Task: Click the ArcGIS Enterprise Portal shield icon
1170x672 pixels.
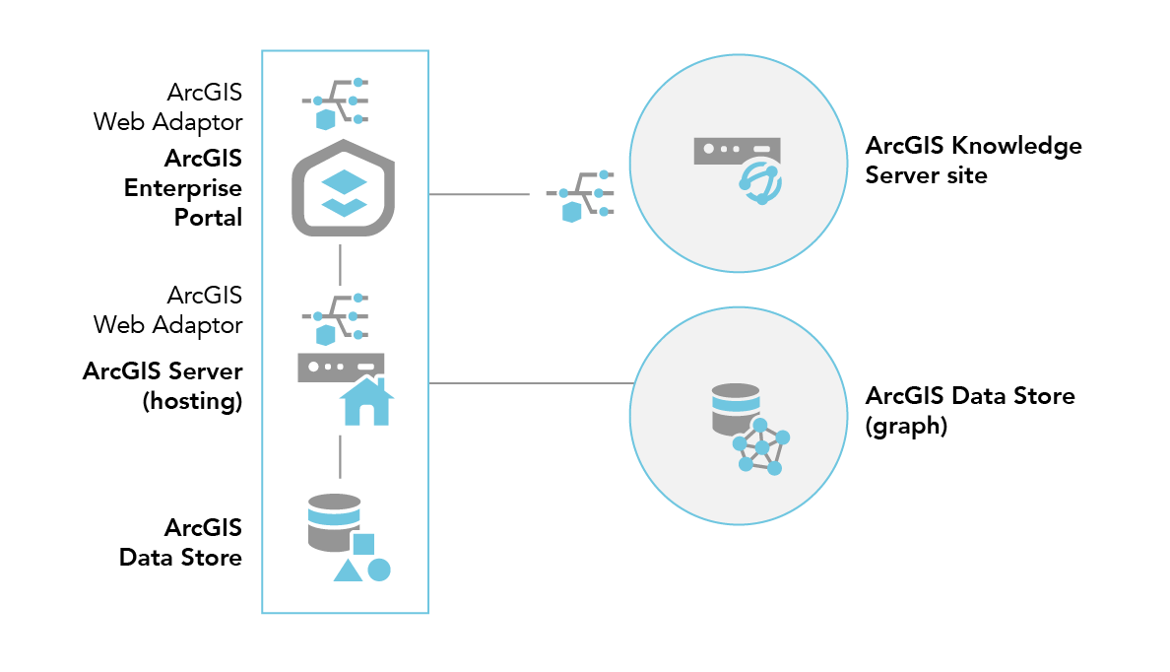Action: pyautogui.click(x=340, y=189)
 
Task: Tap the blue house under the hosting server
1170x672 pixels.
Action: pyautogui.click(x=365, y=403)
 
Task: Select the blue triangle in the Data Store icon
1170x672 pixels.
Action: pyautogui.click(x=347, y=571)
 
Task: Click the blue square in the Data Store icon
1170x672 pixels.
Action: pyautogui.click(x=363, y=543)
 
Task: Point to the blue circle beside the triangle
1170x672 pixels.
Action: pyautogui.click(x=379, y=570)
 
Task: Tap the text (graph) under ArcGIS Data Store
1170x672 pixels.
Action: pyautogui.click(x=906, y=427)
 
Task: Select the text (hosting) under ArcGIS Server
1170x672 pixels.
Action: pyautogui.click(x=192, y=401)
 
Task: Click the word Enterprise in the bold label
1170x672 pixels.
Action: pyautogui.click(x=183, y=187)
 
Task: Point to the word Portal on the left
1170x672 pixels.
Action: pyautogui.click(x=208, y=217)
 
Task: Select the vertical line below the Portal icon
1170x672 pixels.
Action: pyautogui.click(x=340, y=264)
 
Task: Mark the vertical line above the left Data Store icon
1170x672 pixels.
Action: pyautogui.click(x=340, y=455)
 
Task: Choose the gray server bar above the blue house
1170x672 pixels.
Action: pyautogui.click(x=340, y=367)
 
